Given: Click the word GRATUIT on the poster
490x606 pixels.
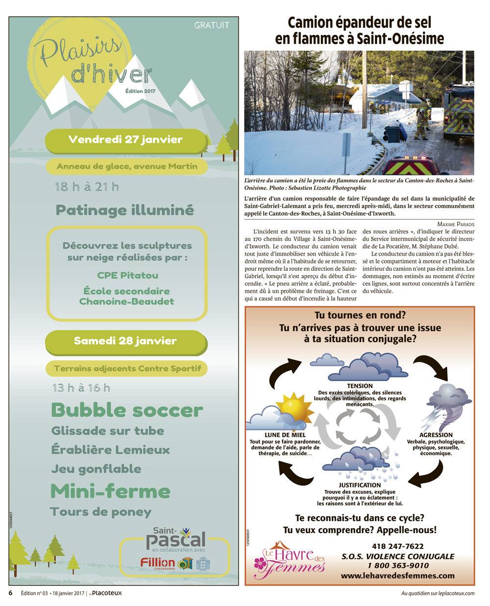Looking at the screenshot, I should pos(212,25).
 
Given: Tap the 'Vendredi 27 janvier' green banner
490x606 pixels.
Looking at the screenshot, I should pos(126,140).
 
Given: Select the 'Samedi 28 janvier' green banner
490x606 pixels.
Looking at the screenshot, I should pos(125,341).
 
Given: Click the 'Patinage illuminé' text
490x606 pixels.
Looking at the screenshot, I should pos(125,210).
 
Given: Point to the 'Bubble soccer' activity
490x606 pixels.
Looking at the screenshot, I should pos(127,410).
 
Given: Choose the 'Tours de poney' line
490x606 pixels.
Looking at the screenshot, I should pos(101,512).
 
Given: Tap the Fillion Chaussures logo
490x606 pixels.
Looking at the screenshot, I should pos(158,563).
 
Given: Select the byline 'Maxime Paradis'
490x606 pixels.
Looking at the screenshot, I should pos(456,224).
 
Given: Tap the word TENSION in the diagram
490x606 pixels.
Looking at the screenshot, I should pos(360,386).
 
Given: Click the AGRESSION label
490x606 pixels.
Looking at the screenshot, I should pos(436,435).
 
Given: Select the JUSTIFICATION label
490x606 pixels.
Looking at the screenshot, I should pos(360,485).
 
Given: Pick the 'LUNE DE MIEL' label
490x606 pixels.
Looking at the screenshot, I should pos(285,435).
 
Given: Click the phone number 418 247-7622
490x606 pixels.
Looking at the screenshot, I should pos(397,546).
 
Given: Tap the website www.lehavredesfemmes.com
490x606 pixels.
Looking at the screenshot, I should pos(397,576).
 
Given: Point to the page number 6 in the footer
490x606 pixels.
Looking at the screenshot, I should pos(11,593).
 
